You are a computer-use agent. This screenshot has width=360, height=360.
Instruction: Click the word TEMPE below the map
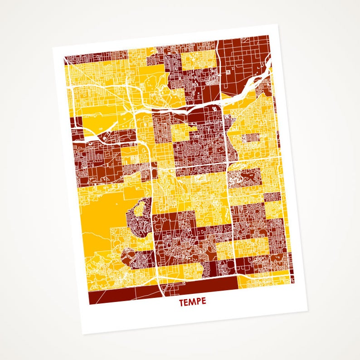[x=192, y=302]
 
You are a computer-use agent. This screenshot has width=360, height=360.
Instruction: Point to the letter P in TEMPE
[x=198, y=302]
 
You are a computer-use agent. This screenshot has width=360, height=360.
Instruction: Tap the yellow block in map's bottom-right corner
[x=265, y=281]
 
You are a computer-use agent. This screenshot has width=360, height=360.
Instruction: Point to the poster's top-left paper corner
[x=53, y=47]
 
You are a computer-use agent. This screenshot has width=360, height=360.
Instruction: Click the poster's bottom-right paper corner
[x=308, y=311]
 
